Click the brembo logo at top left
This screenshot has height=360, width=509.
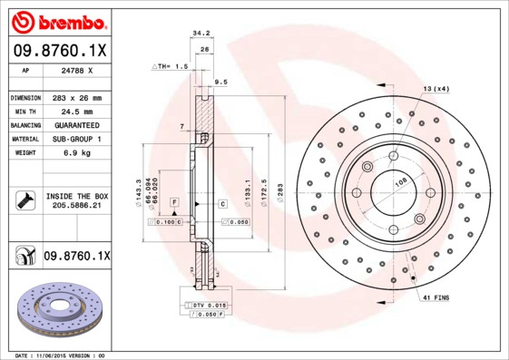coord(59,21)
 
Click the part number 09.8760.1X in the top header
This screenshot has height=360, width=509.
coord(59,51)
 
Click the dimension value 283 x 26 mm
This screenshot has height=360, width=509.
coord(78,97)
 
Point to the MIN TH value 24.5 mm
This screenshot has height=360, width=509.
coord(78,111)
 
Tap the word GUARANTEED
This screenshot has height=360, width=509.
coord(78,124)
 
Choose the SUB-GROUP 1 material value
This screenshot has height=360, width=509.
coord(78,139)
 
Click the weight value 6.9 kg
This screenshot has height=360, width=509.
coord(78,153)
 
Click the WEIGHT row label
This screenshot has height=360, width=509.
coord(24,153)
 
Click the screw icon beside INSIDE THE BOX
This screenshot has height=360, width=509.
coord(24,200)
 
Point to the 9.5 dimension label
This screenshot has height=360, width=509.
coord(220,83)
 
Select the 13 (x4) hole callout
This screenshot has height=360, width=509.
coord(436,87)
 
